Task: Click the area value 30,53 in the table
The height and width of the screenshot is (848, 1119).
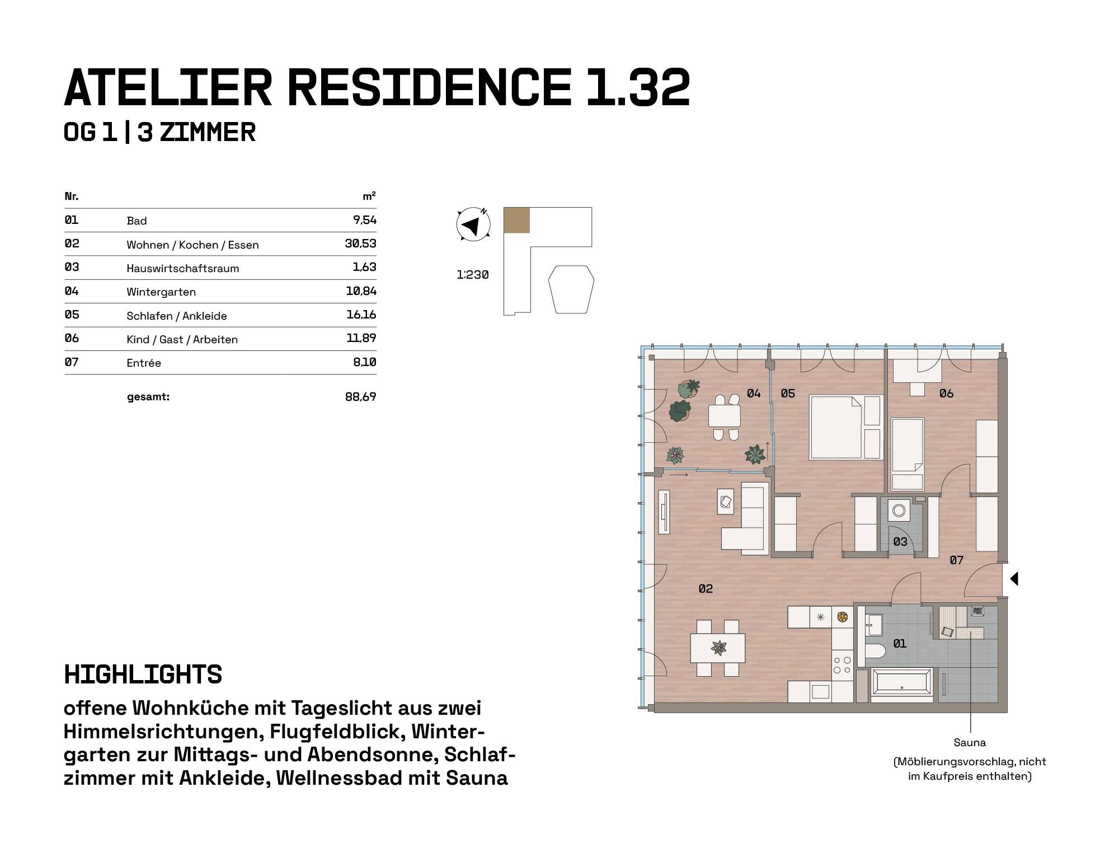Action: [x=361, y=243]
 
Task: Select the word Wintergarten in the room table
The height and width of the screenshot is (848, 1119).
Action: [x=161, y=292]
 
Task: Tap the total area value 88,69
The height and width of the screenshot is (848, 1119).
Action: [x=361, y=397]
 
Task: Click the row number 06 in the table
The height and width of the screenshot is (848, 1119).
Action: [x=72, y=338]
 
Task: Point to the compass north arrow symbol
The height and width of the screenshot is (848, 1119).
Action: [x=473, y=225]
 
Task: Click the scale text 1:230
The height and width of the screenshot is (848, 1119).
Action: [x=473, y=275]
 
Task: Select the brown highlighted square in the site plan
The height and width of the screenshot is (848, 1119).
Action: [x=516, y=220]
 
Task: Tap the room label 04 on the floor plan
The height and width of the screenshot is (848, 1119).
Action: [x=754, y=393]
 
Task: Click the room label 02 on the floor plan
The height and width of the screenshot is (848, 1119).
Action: [x=706, y=588]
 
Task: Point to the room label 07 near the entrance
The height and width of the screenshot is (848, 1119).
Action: [x=956, y=560]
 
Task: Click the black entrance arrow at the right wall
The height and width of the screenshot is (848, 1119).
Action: [x=1014, y=579]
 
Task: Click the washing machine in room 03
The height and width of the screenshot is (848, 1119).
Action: [x=899, y=510]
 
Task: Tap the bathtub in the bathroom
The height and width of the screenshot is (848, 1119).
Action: [x=902, y=684]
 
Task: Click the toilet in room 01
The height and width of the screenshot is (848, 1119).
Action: [x=874, y=650]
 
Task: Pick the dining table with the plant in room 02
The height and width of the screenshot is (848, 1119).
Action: [x=718, y=648]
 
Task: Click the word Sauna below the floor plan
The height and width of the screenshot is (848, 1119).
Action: [x=970, y=743]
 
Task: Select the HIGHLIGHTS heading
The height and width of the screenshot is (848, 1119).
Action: [x=143, y=674]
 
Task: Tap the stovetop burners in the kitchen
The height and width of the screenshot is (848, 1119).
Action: [x=842, y=665]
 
